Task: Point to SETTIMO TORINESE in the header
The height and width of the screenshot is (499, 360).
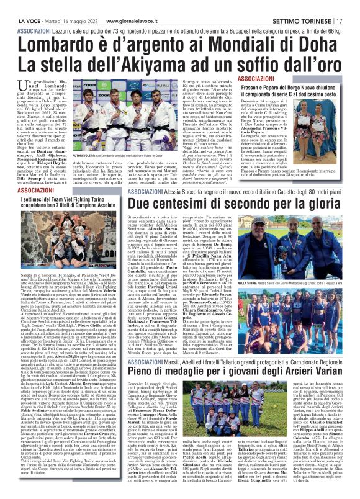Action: [x=305, y=6]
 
